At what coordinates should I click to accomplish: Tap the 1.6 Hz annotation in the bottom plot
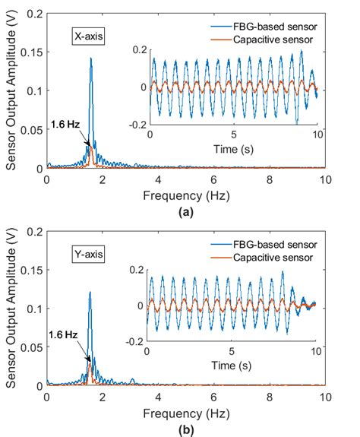(x=63, y=334)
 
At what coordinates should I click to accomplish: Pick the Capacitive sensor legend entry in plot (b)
(x=273, y=258)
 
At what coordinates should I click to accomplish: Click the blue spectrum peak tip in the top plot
(x=91, y=58)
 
